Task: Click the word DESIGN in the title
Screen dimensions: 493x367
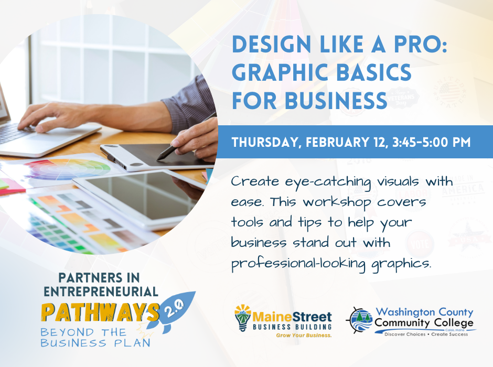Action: tap(271, 45)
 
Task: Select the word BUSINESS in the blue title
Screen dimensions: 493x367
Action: tap(336, 101)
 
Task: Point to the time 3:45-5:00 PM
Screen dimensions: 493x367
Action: tap(431, 142)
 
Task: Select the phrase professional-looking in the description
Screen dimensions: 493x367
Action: tap(298, 264)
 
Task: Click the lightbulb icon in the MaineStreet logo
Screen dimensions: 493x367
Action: tap(243, 317)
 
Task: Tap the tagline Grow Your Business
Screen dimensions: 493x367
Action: tap(304, 336)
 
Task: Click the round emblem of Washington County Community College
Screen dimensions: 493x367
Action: tap(360, 320)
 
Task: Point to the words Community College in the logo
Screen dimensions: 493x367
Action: tap(424, 322)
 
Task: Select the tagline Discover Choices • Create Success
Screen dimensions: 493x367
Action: tap(426, 334)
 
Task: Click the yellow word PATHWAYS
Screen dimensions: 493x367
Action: tap(100, 312)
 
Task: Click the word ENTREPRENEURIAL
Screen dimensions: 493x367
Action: tap(101, 292)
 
